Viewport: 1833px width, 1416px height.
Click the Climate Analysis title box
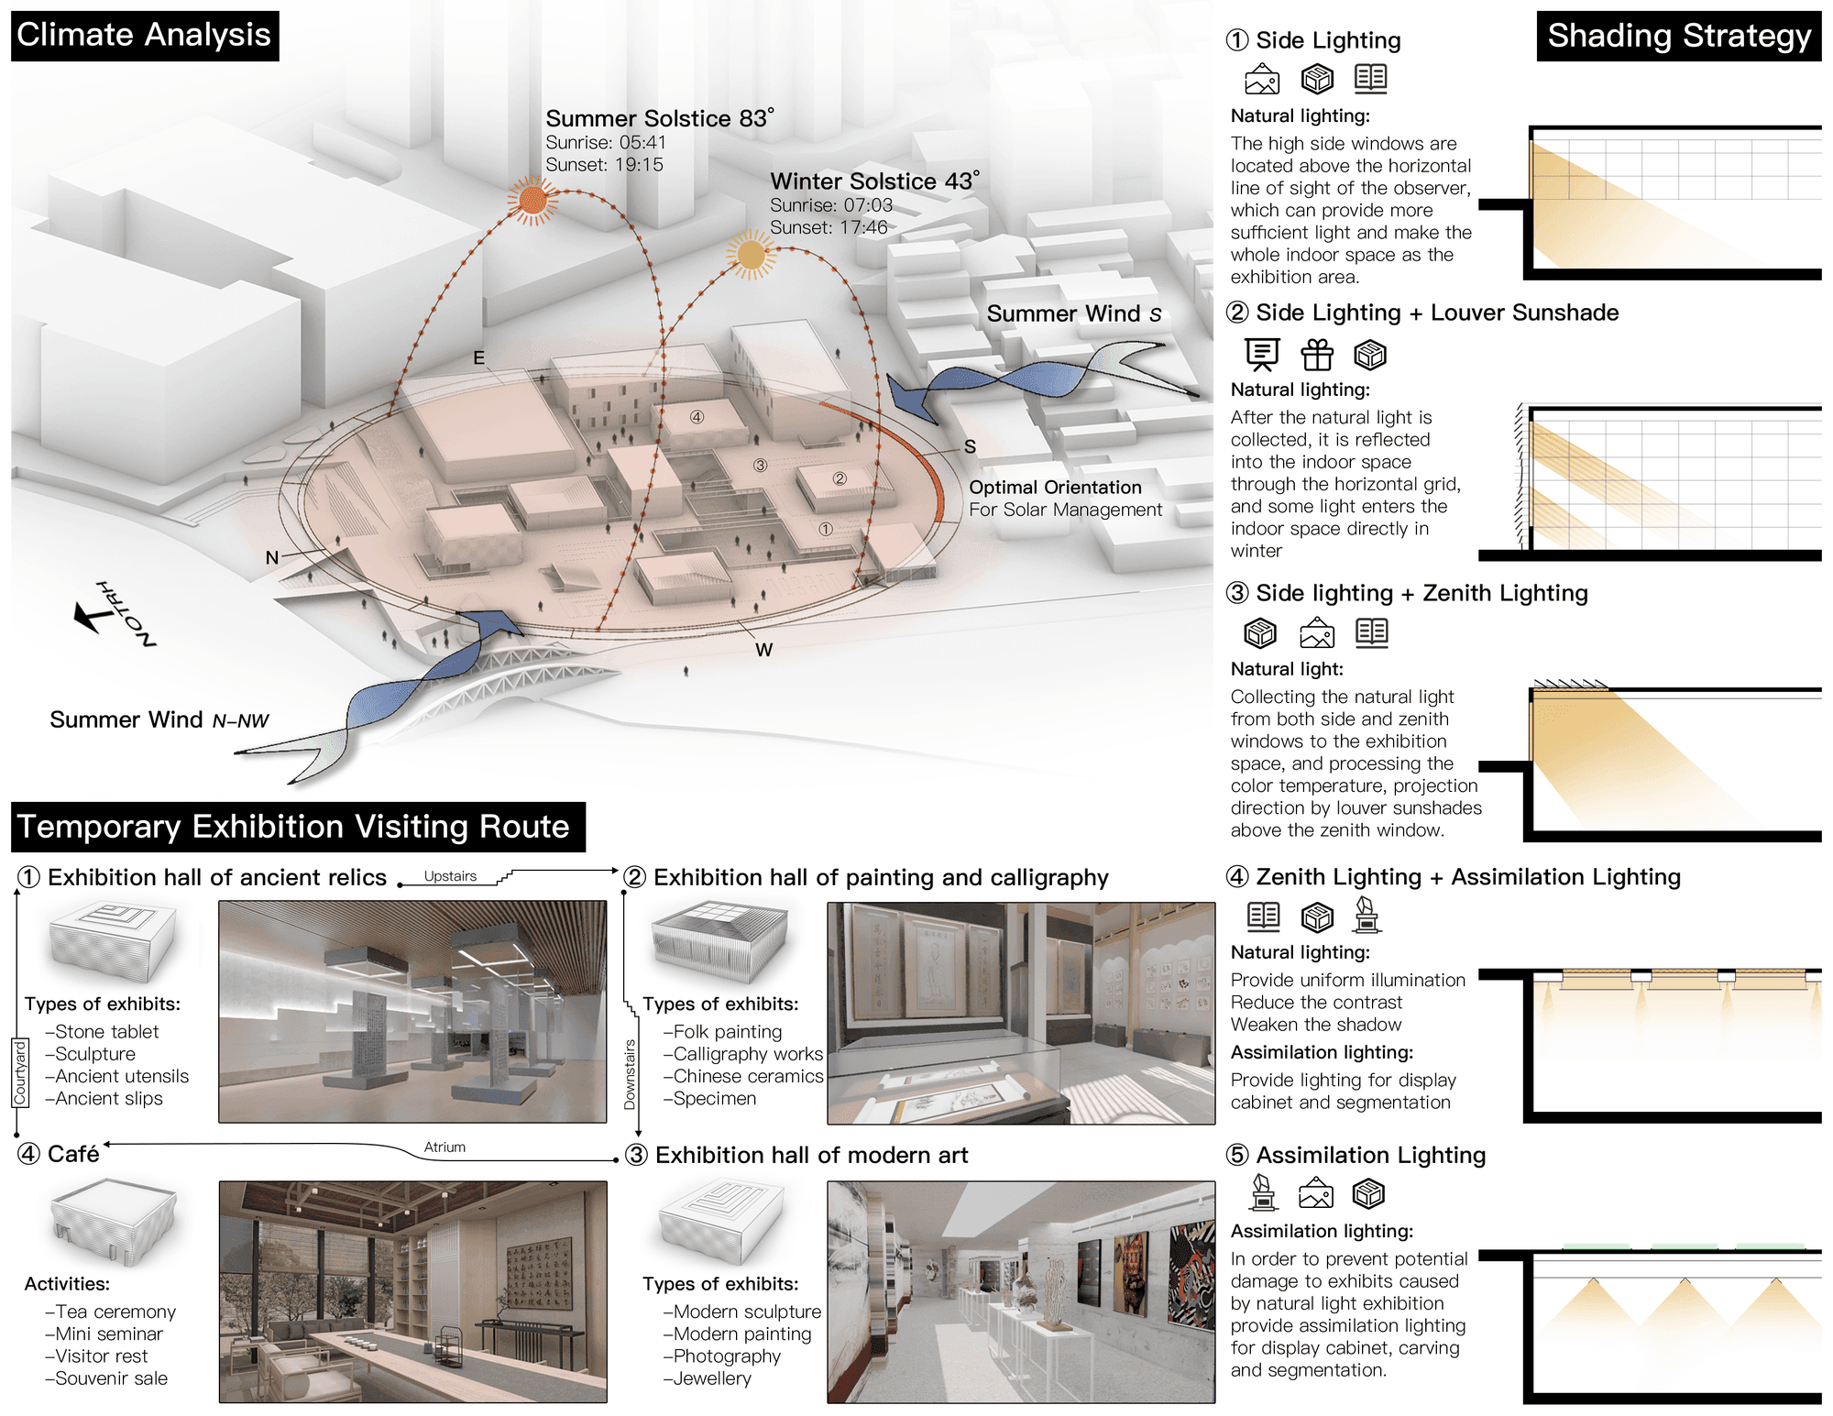tap(145, 36)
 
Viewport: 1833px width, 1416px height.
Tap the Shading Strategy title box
tap(1679, 37)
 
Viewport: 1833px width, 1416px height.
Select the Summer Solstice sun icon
tap(532, 200)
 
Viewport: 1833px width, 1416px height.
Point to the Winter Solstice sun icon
tap(752, 255)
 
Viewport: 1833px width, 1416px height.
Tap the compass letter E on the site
tap(478, 358)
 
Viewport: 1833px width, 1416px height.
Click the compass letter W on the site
tap(764, 650)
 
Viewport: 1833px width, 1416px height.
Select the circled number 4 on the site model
tap(697, 417)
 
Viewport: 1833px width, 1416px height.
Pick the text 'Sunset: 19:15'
tap(604, 165)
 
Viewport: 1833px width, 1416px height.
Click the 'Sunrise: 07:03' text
tap(830, 205)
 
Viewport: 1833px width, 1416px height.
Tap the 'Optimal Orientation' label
tap(1055, 488)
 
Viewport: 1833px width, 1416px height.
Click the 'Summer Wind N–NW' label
tap(159, 720)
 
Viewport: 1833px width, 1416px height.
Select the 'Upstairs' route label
tap(450, 876)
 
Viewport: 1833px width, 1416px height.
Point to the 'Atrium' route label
tap(445, 1147)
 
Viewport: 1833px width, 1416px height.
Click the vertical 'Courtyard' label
tap(20, 1072)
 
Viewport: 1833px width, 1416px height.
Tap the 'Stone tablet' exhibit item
tap(102, 1032)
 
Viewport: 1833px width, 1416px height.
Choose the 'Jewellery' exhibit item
tap(707, 1378)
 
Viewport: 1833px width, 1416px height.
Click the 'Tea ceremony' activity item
tap(110, 1312)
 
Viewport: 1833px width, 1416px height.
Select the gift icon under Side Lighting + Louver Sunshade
tap(1317, 354)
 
